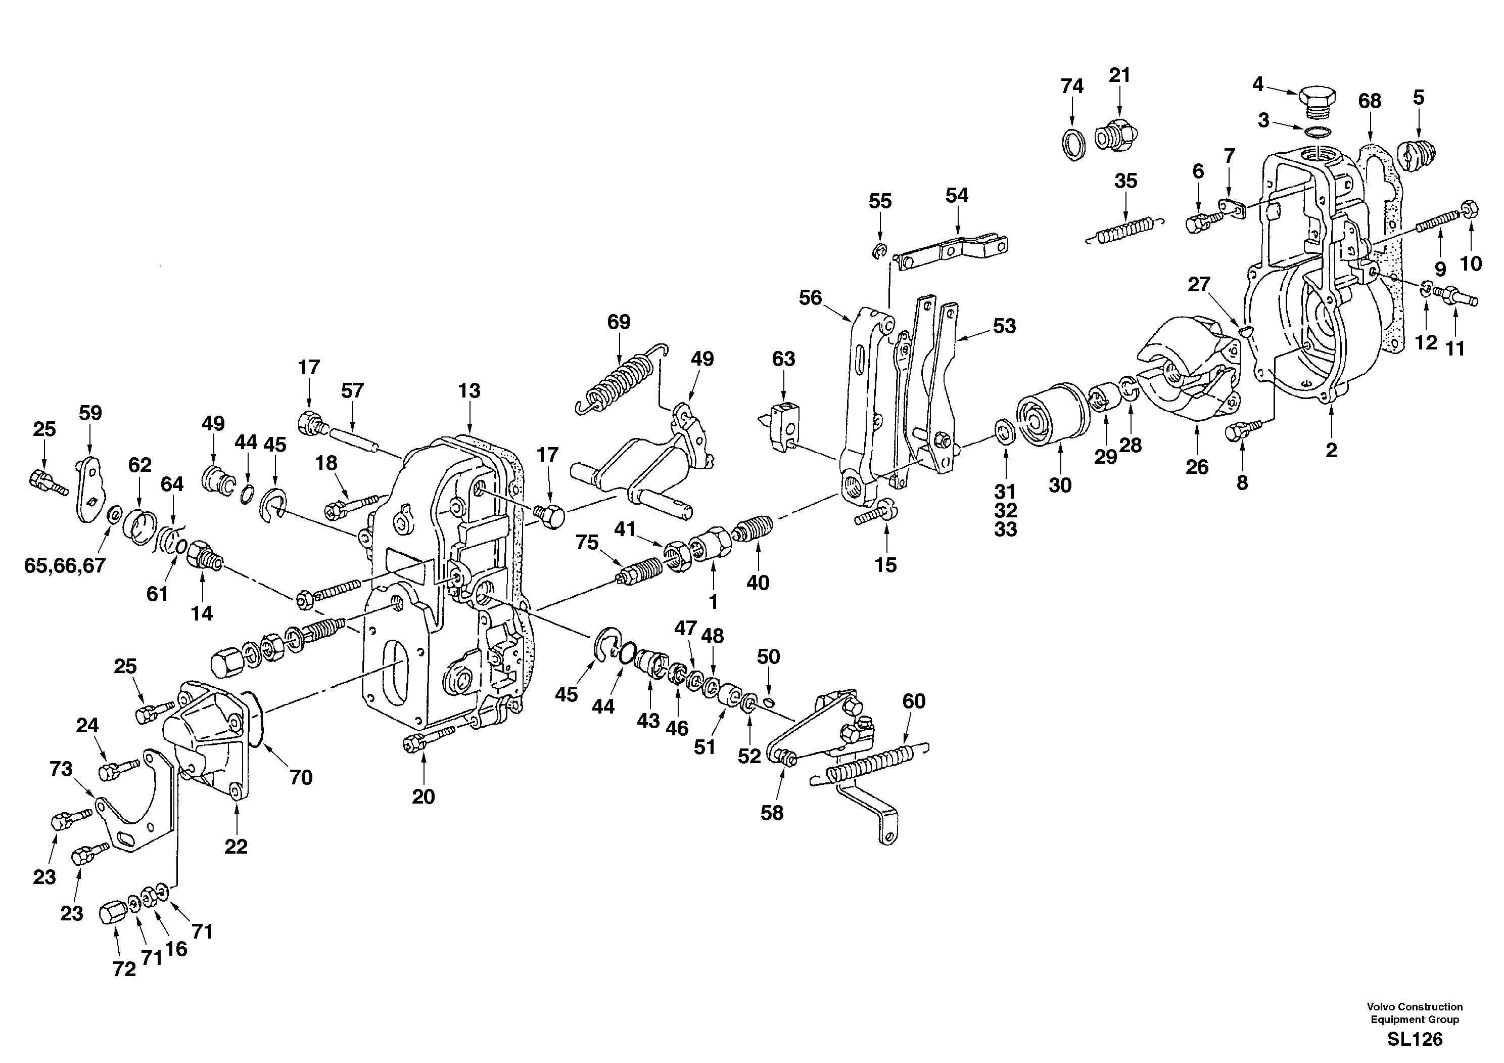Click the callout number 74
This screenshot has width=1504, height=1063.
click(1072, 86)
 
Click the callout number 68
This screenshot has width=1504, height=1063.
click(1370, 101)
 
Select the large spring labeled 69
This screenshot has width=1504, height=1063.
click(619, 380)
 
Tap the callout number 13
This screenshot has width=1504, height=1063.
click(469, 390)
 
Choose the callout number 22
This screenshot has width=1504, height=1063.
click(236, 847)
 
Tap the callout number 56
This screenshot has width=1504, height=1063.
click(810, 297)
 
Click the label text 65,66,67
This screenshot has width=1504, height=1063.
click(64, 565)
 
